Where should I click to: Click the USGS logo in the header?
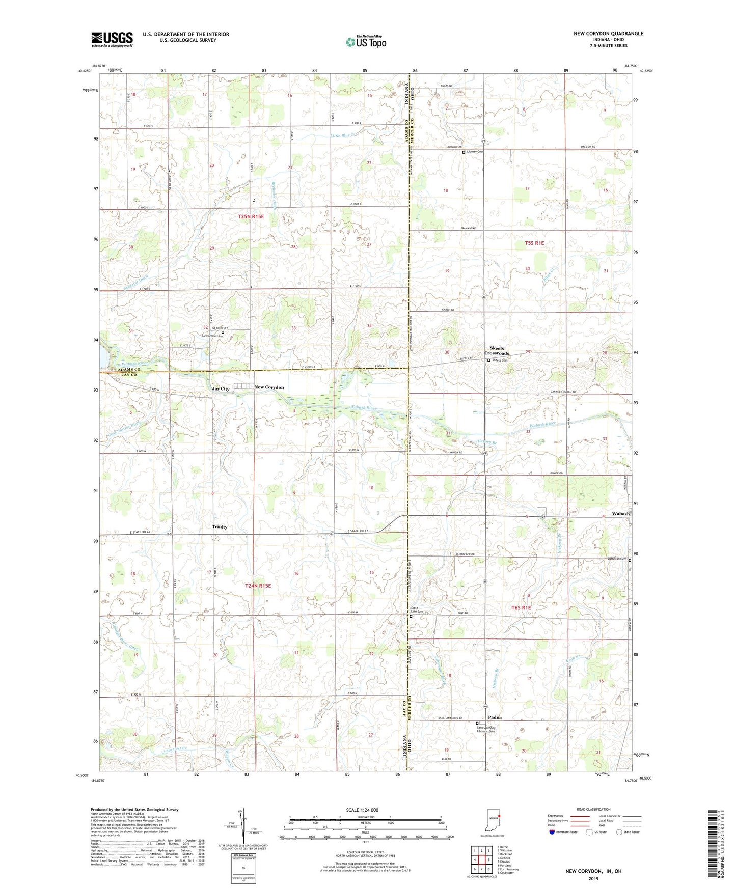pos(112,39)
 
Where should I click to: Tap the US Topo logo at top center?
pos(366,42)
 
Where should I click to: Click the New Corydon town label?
pos(269,387)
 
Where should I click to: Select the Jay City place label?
pos(221,389)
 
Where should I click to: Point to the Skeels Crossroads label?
pos(497,351)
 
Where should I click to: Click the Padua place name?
pos(495,717)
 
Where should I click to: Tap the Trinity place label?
pos(220,527)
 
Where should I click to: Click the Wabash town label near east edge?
pos(620,514)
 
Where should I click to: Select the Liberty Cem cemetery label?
pos(475,152)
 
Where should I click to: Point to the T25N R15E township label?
pos(251,217)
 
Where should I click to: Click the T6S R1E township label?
pos(521,608)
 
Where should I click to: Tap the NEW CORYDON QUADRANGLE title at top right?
pos(608,34)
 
